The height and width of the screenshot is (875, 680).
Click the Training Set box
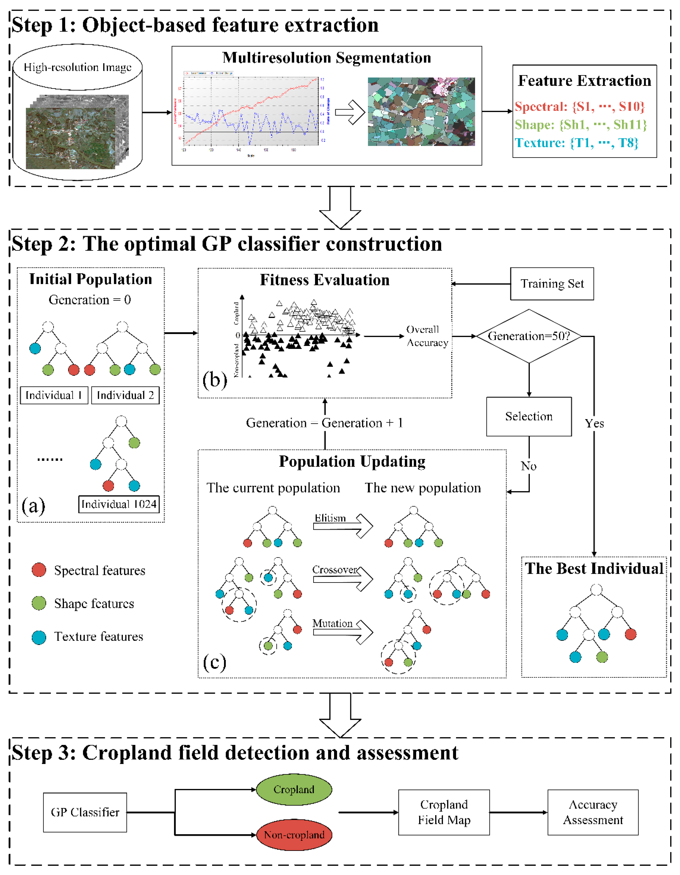[552, 284]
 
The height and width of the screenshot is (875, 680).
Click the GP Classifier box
[85, 812]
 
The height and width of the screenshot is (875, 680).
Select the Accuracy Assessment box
[593, 812]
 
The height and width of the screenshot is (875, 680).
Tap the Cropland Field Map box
[444, 812]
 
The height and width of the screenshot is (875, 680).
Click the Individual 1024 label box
[119, 504]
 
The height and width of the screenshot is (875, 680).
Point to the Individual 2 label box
[125, 395]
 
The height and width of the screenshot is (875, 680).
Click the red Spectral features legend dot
[39, 570]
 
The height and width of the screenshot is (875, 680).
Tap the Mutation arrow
[343, 632]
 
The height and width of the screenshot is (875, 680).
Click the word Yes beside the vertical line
[594, 423]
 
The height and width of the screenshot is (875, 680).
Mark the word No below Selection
[528, 466]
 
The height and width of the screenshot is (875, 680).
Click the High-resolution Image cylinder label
[77, 67]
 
